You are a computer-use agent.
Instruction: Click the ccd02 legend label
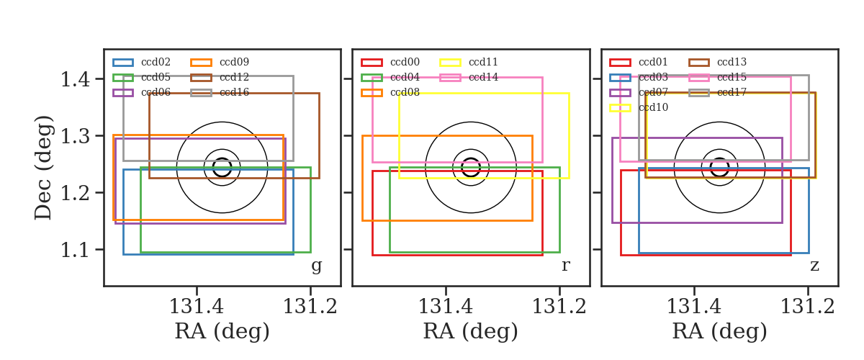(x=156, y=62)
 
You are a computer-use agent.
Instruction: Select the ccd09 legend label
(x=234, y=62)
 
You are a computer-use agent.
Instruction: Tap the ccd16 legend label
(x=234, y=92)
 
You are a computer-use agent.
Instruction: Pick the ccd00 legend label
(x=405, y=62)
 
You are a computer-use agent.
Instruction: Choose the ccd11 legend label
(x=483, y=62)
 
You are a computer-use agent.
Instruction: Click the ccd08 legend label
(x=405, y=92)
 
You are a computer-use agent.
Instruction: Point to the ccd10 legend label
(x=653, y=107)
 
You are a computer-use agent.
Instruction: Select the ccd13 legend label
(x=732, y=62)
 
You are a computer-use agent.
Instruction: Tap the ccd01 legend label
(x=653, y=62)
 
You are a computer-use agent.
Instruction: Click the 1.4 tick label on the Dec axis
(x=75, y=79)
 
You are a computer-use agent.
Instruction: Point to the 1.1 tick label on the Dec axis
(x=75, y=250)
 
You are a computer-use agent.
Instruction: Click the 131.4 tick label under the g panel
(x=197, y=307)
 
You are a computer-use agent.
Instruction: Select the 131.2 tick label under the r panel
(x=559, y=307)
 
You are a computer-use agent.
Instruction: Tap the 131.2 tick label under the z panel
(x=808, y=307)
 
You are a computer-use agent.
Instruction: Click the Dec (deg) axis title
(x=42, y=168)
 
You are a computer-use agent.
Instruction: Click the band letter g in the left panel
(x=316, y=266)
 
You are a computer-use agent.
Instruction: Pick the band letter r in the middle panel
(x=565, y=266)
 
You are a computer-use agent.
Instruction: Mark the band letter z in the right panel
(x=814, y=266)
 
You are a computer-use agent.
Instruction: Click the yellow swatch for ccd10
(x=620, y=108)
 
